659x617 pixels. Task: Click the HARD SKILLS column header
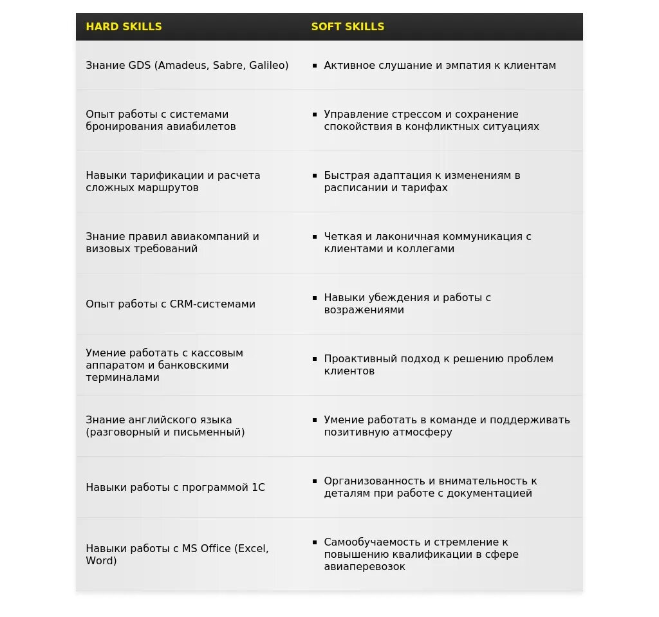(x=124, y=27)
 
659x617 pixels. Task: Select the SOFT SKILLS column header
(x=348, y=27)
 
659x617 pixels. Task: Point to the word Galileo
(x=265, y=66)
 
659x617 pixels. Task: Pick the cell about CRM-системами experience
(x=171, y=304)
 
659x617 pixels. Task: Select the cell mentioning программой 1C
(x=175, y=488)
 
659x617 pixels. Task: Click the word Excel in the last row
(x=252, y=549)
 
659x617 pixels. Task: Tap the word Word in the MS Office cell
(x=99, y=561)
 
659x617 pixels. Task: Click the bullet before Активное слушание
(x=315, y=66)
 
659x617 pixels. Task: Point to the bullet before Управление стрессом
(x=315, y=115)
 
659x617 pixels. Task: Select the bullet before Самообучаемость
(x=315, y=542)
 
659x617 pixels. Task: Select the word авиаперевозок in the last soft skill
(x=365, y=567)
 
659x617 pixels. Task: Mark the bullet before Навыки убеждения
(x=315, y=298)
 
